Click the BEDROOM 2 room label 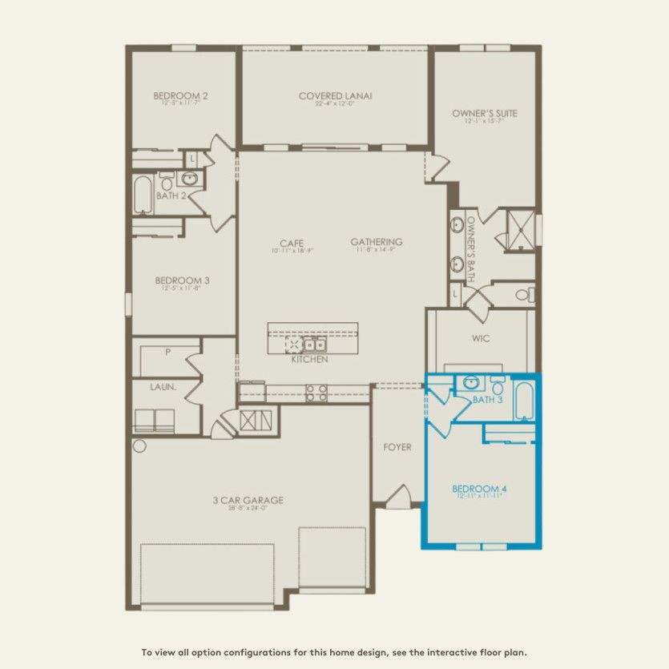click(x=180, y=97)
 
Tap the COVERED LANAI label click(x=335, y=97)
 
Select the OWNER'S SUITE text click(x=484, y=114)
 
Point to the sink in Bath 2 click(x=191, y=179)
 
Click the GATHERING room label click(x=376, y=242)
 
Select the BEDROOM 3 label click(x=182, y=280)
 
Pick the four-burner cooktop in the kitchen click(x=316, y=393)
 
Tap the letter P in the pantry click(x=167, y=351)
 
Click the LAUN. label click(x=164, y=386)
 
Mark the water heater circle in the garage click(x=140, y=445)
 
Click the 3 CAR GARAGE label click(x=248, y=501)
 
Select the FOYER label click(x=397, y=447)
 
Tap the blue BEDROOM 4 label click(x=480, y=489)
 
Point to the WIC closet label click(x=480, y=338)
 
